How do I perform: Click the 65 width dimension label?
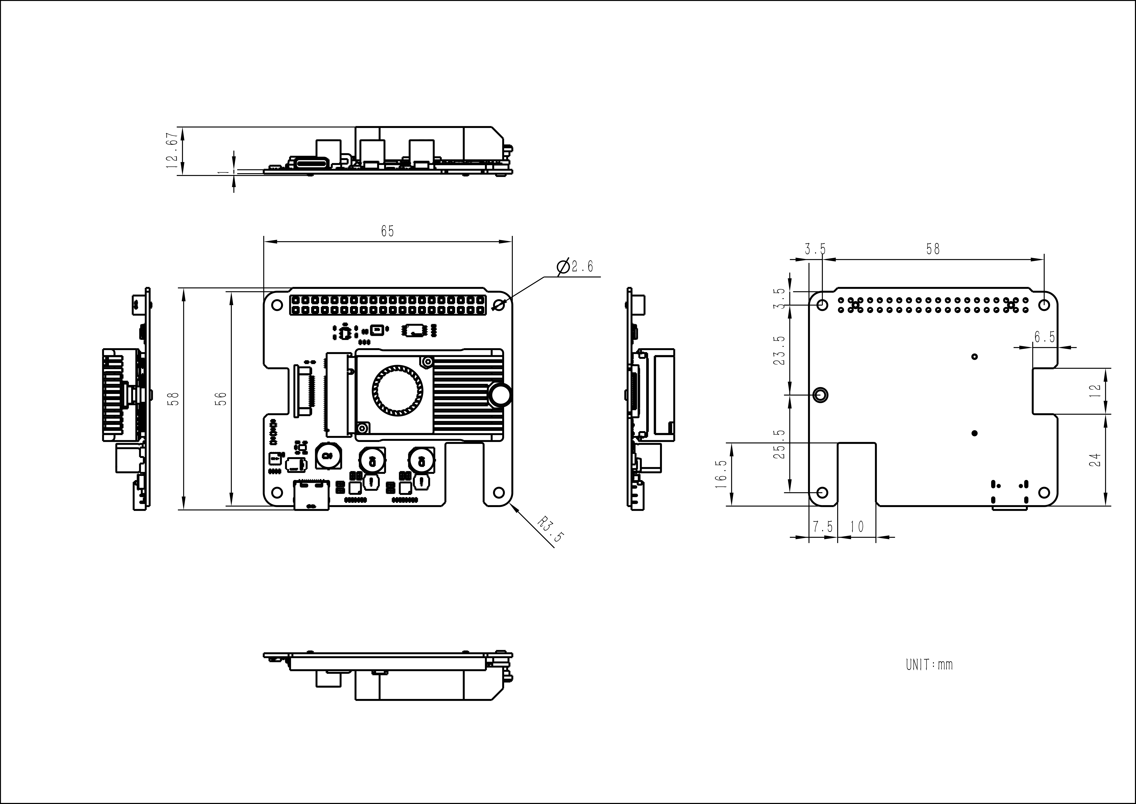pos(387,231)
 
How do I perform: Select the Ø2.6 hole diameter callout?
pos(575,267)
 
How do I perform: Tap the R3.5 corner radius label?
pos(550,530)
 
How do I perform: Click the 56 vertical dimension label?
pos(222,399)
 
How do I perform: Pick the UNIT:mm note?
pos(929,664)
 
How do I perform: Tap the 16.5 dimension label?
pos(721,474)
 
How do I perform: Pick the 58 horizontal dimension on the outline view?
pos(933,249)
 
